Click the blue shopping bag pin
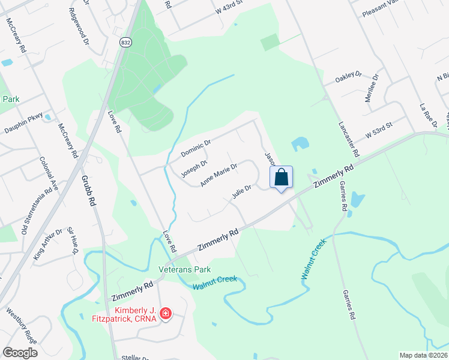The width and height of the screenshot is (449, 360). point(282,178)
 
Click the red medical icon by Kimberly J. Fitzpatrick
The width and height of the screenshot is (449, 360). point(166,313)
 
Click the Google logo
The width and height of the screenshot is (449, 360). point(20,352)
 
